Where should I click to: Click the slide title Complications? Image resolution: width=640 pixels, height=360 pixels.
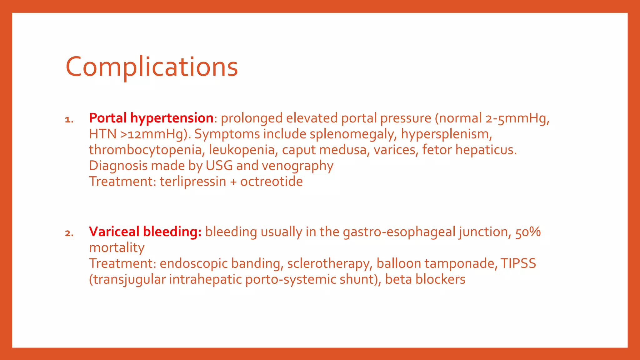tap(152, 67)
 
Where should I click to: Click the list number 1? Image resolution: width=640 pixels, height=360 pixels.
tap(69, 120)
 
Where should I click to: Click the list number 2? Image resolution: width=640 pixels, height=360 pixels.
tap(69, 233)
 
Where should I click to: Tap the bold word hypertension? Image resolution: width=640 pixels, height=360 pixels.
tap(172, 118)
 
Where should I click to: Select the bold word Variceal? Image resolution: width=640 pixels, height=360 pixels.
tap(114, 232)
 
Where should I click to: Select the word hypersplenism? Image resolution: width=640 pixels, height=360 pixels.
tap(446, 134)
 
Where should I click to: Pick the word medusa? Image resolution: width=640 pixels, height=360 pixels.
tap(343, 150)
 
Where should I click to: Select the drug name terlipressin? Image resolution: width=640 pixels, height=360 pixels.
tap(193, 182)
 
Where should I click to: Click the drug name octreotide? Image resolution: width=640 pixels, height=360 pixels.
tap(271, 182)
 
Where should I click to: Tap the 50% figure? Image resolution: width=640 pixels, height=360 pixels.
tap(528, 232)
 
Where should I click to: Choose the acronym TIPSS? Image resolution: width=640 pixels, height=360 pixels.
tap(518, 263)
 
